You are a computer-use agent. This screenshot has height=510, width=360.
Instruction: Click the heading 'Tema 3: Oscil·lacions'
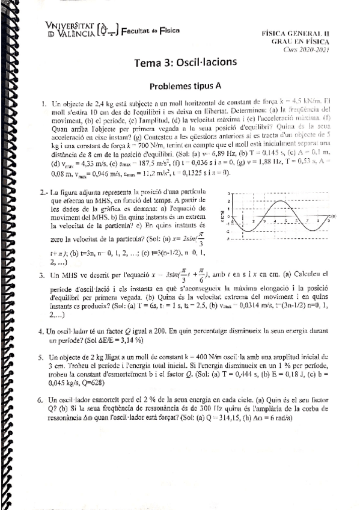tap(186, 62)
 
